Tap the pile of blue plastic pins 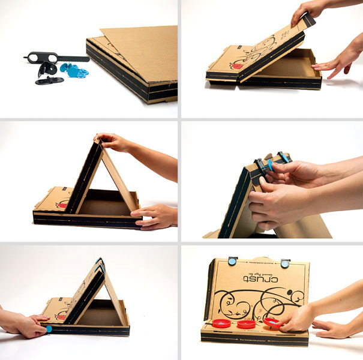point(76,73)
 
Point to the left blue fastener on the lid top point(232,260)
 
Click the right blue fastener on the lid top point(286,262)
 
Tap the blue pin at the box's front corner point(48,329)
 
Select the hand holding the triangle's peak point(117,143)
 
